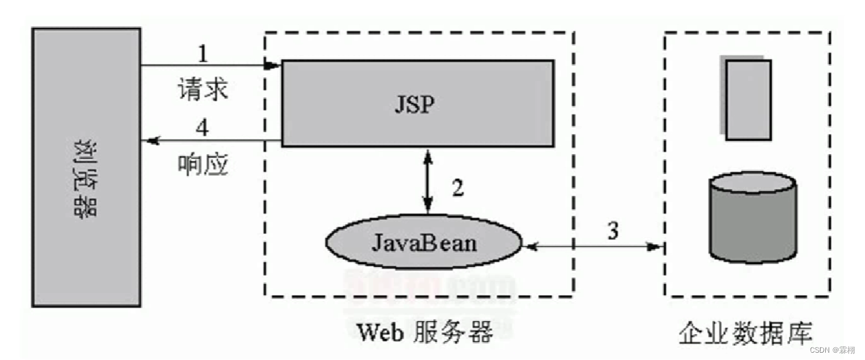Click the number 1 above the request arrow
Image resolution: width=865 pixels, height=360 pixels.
click(203, 52)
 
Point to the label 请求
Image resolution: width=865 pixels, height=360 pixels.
click(203, 89)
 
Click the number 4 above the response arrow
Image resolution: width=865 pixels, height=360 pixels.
click(203, 127)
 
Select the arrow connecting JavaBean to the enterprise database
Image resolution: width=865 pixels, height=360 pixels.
click(594, 247)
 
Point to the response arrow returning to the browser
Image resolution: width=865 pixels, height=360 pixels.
click(212, 141)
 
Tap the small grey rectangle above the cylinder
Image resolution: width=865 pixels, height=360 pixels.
click(748, 99)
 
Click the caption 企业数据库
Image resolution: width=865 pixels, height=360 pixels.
click(745, 331)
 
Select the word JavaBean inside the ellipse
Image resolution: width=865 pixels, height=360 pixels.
click(424, 243)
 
